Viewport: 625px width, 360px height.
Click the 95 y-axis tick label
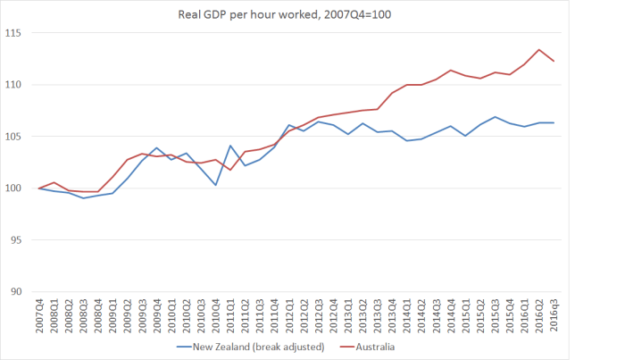tap(21, 239)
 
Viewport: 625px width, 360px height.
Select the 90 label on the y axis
tap(21, 291)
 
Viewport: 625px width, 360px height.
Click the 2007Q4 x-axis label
tap(39, 317)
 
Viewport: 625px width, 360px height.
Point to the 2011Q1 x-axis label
tap(232, 317)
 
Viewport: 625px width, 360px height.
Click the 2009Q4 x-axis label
tap(156, 317)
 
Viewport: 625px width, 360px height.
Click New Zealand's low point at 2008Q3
tap(83, 197)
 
